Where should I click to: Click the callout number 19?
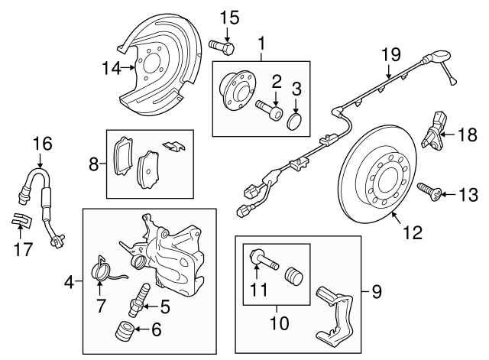coord(390,55)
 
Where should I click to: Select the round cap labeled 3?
coord(296,122)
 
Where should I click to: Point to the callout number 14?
coord(111,68)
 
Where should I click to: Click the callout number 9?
coord(375,291)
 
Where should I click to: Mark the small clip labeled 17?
coord(21,221)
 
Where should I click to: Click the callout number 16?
coord(39,143)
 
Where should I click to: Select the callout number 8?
coord(93,164)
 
